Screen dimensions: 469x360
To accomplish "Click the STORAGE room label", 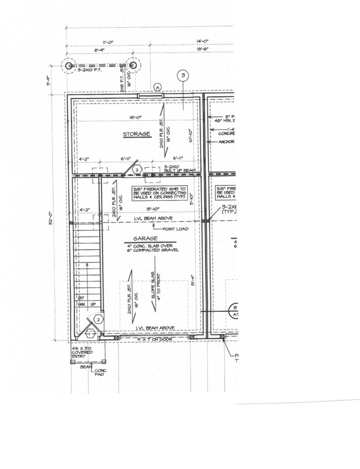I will (137, 134).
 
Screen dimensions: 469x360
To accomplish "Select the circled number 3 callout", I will (183, 76).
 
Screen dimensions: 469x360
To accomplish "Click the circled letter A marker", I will (158, 86).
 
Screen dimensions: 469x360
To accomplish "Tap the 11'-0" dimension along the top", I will (101, 42).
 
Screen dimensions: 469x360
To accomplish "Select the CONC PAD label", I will (100, 373).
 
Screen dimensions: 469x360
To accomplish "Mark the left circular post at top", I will (69, 66).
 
